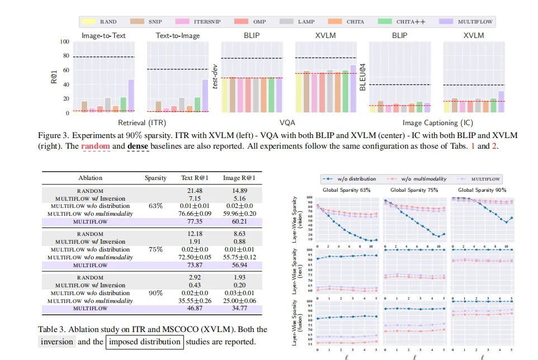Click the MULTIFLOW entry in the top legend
point(475,22)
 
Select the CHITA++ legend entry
point(410,22)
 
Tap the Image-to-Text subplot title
point(103,35)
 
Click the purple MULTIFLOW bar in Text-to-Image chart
point(205,96)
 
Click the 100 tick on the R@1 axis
point(65,42)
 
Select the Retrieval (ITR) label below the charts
point(142,122)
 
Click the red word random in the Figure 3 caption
point(95,146)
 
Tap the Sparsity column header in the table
point(155,178)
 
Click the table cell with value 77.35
point(195,221)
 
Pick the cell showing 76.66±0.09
point(195,214)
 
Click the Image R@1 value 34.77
point(239,308)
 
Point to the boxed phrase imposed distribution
point(145,342)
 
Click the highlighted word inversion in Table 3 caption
point(57,342)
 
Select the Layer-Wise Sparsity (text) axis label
point(295,271)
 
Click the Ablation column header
point(90,178)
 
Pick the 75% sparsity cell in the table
point(155,249)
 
